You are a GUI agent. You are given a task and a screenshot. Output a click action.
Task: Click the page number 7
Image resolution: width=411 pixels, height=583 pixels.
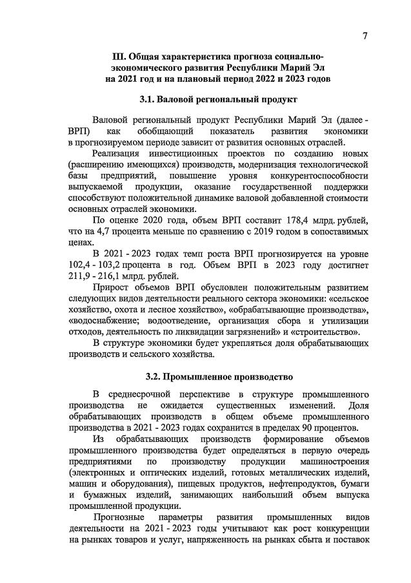click(365, 36)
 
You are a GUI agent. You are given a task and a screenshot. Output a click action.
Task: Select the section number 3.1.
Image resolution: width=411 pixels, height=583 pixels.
click(149, 100)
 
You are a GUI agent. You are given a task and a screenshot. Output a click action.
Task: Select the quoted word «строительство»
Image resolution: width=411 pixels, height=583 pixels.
click(327, 332)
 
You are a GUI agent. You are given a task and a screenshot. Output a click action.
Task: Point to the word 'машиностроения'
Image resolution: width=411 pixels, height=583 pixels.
click(336, 463)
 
